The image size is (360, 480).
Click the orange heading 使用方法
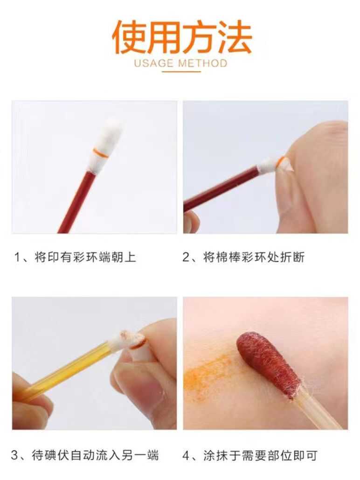tap(182, 37)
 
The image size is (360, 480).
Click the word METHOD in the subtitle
tap(203, 63)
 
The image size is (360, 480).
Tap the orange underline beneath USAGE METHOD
tap(181, 72)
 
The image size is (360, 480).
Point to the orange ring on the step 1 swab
tap(101, 153)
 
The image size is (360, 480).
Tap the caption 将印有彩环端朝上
tap(85, 257)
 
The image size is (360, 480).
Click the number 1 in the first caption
tap(17, 257)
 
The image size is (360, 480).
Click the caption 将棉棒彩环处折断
tap(254, 257)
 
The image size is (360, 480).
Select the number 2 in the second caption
tap(186, 257)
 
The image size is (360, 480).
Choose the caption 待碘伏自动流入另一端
tap(95, 455)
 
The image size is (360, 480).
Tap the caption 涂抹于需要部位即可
tap(260, 455)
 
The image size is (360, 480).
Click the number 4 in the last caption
tap(186, 455)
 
